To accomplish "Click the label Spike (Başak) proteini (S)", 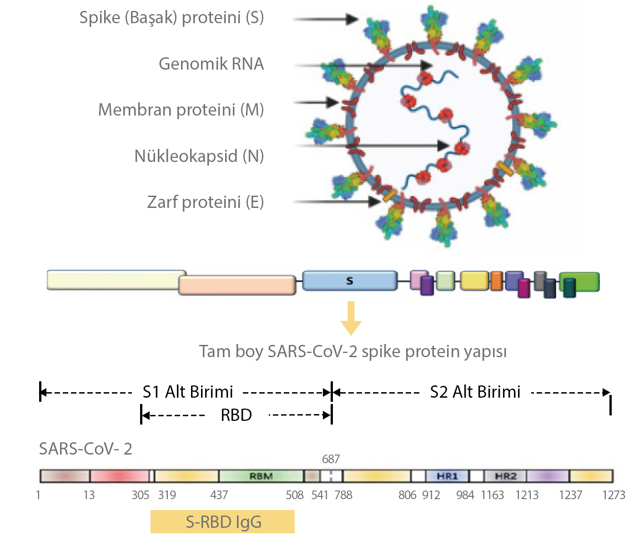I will point(171,18).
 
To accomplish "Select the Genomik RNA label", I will point(211,64).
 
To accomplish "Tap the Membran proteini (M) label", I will point(181,110).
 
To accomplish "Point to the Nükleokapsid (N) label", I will point(199,156).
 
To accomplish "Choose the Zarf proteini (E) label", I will point(206,202).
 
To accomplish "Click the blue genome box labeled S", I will point(349,281).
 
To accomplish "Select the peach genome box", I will point(237,285).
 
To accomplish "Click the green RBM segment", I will point(261,476).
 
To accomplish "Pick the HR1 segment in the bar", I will point(447,476).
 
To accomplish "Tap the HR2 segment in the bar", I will point(505,476).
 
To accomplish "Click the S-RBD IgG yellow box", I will point(222,522).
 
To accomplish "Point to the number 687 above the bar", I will point(331,459).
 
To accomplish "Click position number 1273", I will point(614,495).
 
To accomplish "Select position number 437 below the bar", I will point(219,495).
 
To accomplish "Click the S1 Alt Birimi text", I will point(188,392).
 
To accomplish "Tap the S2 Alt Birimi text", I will point(475,392).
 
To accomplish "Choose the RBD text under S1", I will point(236,415).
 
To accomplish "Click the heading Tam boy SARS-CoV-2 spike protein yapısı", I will point(353,352).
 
